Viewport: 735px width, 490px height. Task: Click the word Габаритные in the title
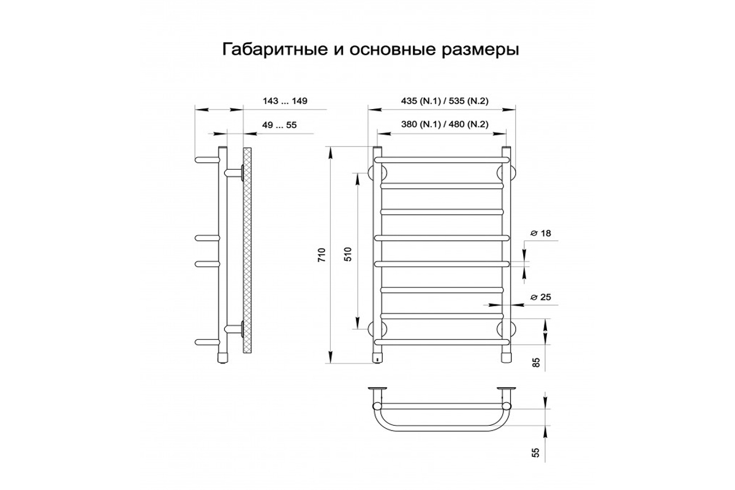(275, 50)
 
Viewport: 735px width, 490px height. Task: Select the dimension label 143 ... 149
(285, 101)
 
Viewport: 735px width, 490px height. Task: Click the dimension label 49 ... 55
(279, 125)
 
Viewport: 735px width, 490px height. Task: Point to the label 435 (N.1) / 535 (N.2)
(445, 101)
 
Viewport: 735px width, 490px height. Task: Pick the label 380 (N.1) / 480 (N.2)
(445, 124)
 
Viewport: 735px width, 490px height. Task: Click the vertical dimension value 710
(322, 255)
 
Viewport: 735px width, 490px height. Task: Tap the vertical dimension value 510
(349, 254)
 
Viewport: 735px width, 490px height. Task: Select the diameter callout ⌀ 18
(541, 233)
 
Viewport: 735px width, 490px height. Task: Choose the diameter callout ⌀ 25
(541, 297)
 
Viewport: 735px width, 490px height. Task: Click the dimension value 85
(535, 362)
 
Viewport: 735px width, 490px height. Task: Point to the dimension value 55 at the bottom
(535, 453)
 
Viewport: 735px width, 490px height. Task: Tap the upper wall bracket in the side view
(234, 173)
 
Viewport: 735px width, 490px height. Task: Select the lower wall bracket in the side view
(234, 329)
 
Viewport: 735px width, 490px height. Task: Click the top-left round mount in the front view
(377, 173)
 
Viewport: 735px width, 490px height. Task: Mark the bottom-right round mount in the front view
(507, 329)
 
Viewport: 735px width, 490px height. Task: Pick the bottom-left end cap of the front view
(378, 358)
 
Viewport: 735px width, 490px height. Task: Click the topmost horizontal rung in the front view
(442, 160)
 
